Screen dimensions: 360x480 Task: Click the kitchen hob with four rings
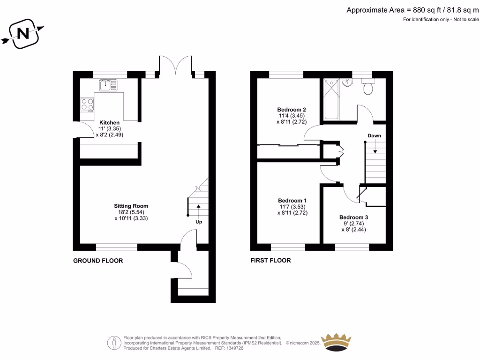pyautogui.click(x=87, y=104)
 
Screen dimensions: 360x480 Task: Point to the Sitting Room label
pyautogui.click(x=131, y=206)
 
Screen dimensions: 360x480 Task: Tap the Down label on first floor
pyautogui.click(x=374, y=135)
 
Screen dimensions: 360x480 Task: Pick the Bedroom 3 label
pyautogui.click(x=354, y=217)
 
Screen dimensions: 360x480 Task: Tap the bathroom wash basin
pyautogui.click(x=347, y=83)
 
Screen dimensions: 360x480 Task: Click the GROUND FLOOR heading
pyautogui.click(x=98, y=261)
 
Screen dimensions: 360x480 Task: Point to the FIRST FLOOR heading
pyautogui.click(x=270, y=261)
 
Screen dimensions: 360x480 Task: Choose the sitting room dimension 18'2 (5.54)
pyautogui.click(x=131, y=212)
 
